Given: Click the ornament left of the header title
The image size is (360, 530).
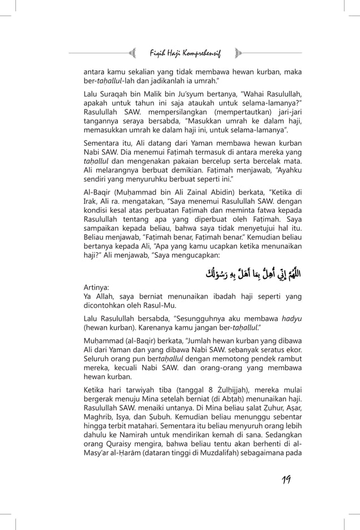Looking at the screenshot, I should click(134, 54).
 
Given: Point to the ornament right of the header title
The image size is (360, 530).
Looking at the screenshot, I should click(238, 54).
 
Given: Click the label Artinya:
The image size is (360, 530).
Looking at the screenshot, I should click(96, 287).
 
